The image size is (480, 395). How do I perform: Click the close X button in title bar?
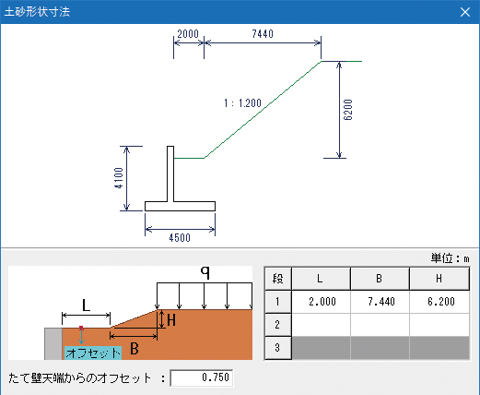coord(465,12)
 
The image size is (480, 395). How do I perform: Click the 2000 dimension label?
coord(188,34)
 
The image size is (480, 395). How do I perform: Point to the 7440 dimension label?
coord(263,34)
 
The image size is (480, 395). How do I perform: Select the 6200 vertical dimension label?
coord(348,110)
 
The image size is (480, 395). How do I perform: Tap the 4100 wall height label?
coord(119,178)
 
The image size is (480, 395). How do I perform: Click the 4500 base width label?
coord(180,238)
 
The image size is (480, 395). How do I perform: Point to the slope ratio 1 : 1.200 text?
coord(242,103)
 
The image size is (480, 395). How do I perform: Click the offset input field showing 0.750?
coord(202,377)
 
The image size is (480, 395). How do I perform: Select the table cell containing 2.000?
coord(322,302)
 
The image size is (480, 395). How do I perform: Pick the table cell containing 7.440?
coord(380,302)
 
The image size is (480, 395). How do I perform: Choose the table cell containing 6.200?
coord(439,302)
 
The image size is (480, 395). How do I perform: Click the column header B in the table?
coord(380,279)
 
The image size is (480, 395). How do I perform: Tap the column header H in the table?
coord(439,279)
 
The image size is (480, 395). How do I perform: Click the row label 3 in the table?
coord(277,348)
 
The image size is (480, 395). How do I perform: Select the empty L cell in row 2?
coord(322,325)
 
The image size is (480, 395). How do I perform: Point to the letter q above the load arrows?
coord(205,272)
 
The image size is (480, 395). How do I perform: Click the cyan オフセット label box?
coord(93,353)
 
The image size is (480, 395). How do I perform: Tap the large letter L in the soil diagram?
coord(87,305)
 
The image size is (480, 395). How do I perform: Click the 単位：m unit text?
coord(451,258)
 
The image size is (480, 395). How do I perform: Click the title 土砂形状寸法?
coord(37,12)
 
